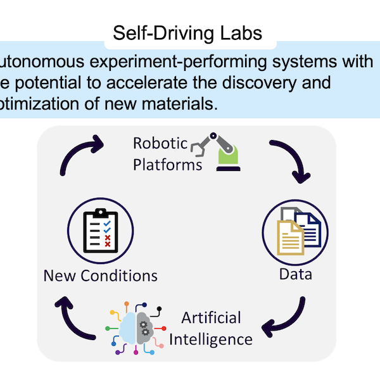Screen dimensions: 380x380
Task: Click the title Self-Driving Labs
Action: tap(187, 32)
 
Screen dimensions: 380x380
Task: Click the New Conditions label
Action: tap(100, 276)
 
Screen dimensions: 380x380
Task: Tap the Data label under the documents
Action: tap(295, 275)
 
